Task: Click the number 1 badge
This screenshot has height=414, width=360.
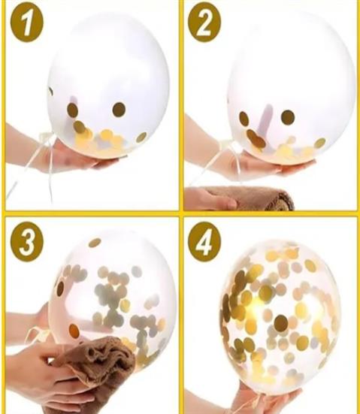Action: tap(26, 25)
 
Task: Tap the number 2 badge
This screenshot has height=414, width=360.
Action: tap(204, 23)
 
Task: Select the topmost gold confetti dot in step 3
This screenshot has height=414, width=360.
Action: tap(95, 243)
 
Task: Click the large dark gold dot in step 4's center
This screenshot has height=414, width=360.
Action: tap(281, 323)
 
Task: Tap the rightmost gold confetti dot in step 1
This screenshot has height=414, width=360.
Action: tap(141, 137)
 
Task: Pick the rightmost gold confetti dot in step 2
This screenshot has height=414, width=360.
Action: tap(320, 143)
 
